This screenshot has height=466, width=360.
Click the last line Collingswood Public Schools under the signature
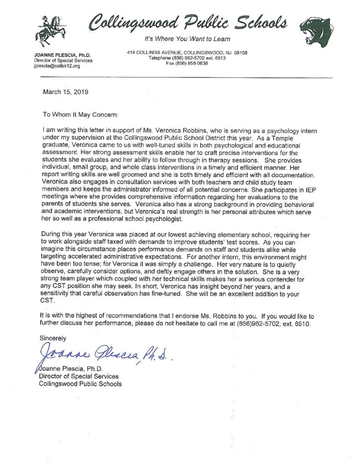[80, 384]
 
